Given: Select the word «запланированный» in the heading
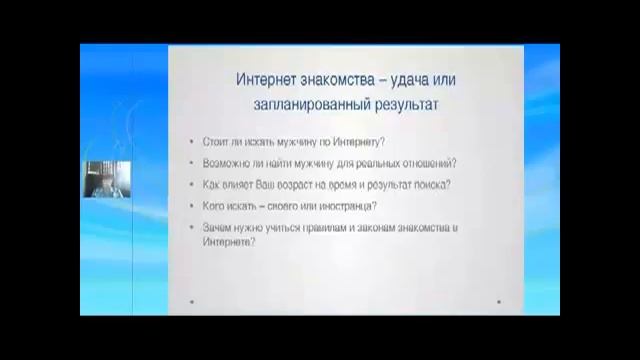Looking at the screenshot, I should [299, 102].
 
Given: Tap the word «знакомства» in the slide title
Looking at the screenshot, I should [326, 78].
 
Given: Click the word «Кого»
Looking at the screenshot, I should [212, 206].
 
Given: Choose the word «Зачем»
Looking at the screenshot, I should [215, 228].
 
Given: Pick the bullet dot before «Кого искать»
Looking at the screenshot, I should [191, 207].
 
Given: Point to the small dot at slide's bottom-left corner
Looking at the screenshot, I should [191, 301].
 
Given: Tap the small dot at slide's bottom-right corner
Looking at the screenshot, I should [499, 301].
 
